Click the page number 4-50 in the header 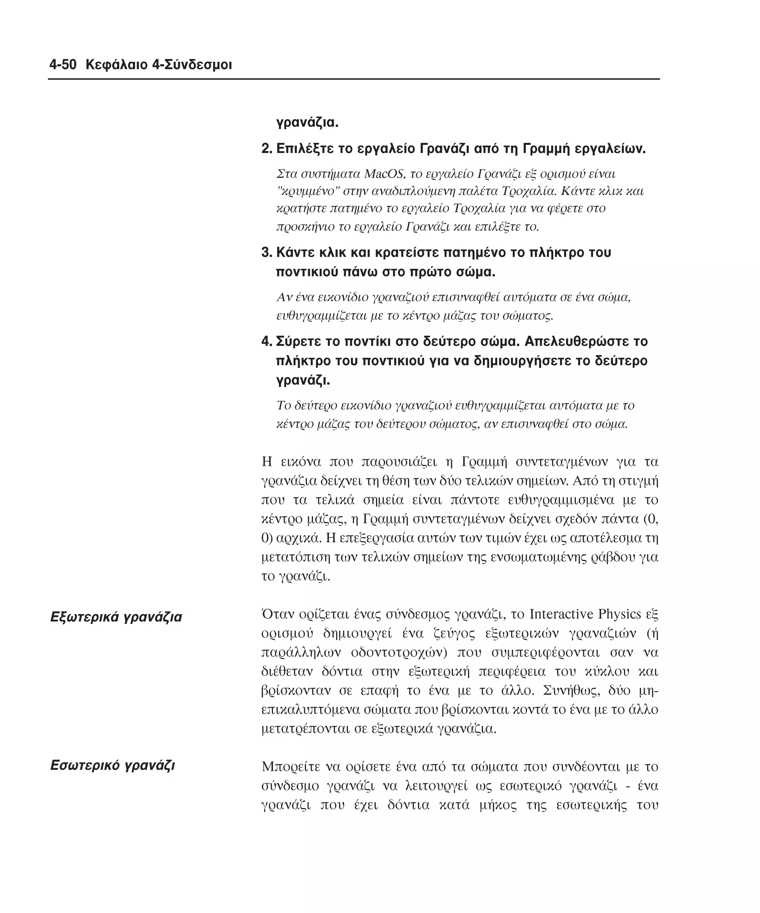(63, 65)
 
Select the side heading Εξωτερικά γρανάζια (116, 617)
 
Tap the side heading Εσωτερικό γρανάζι (112, 765)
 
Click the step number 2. (266, 149)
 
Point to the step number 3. (266, 253)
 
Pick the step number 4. (266, 341)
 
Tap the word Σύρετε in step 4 (298, 341)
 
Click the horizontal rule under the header (354, 79)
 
